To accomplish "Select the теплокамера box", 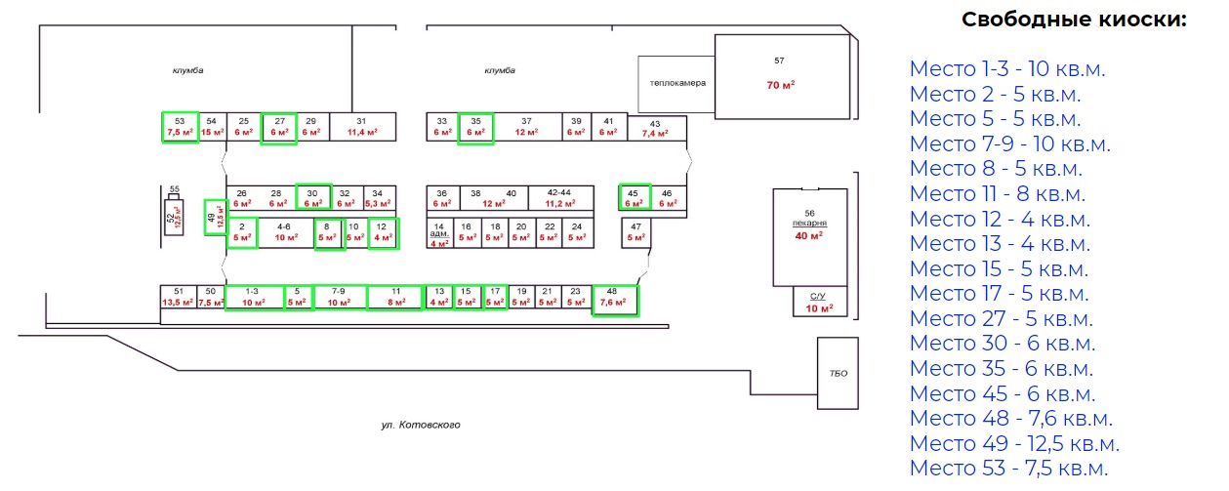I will [x=676, y=83].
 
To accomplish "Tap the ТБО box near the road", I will [x=838, y=374].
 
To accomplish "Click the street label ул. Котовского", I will [x=420, y=426].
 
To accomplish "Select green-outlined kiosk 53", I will [x=180, y=127].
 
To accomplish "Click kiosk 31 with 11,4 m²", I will [x=362, y=127].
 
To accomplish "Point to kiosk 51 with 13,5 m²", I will [x=178, y=298].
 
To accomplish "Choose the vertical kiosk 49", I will [x=211, y=217].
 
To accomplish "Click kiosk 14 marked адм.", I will [x=439, y=234].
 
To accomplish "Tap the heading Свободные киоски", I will [x=1074, y=20].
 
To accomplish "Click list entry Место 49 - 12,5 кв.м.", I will [x=1014, y=443].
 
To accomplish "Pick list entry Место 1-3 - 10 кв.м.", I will [x=1007, y=68].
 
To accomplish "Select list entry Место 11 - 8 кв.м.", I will [x=997, y=193].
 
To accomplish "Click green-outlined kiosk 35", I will [x=476, y=127].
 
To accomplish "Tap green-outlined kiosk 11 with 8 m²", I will [x=395, y=298].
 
